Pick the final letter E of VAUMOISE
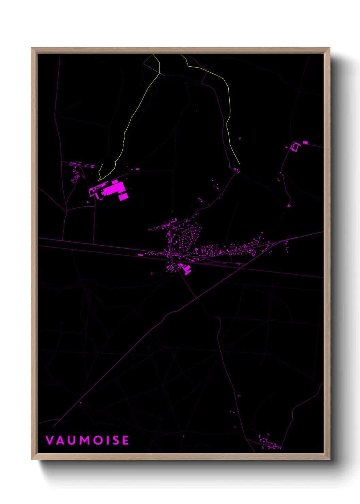[x=126, y=440]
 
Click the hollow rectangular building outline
[x=295, y=147]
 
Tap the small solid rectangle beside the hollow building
[x=305, y=142]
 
